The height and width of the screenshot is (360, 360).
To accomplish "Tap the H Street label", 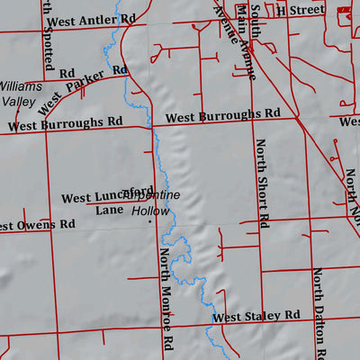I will point(300,9).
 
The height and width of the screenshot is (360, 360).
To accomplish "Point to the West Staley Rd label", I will point(256,316).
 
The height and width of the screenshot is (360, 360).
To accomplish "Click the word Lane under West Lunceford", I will point(109,210).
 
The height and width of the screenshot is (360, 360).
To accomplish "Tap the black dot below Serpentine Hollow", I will point(149,220).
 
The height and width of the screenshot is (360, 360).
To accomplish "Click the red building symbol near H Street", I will point(343,7).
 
